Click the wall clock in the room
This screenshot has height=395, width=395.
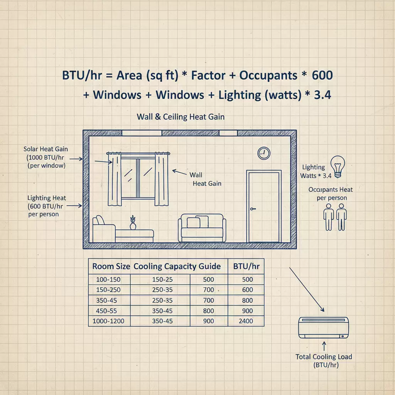point(264,153)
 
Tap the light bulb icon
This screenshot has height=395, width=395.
point(338,167)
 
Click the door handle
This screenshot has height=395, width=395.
point(253,209)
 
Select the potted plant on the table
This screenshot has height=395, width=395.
point(133,223)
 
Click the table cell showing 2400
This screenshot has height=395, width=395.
point(246,321)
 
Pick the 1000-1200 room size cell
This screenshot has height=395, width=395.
point(108,321)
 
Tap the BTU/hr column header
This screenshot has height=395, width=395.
point(246,266)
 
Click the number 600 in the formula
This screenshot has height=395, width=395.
point(322,75)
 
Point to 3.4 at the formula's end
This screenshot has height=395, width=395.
point(322,95)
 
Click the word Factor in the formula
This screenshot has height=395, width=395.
point(208,75)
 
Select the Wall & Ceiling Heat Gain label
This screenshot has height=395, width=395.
point(181,116)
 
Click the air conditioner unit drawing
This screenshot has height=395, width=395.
point(324,327)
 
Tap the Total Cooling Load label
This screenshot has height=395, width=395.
point(324,361)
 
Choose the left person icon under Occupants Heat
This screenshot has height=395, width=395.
point(329,217)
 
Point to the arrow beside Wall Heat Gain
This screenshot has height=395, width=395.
point(179,172)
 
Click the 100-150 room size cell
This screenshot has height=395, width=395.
point(108,279)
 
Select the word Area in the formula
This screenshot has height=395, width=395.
point(129,75)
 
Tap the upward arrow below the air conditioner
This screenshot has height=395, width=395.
point(324,346)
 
